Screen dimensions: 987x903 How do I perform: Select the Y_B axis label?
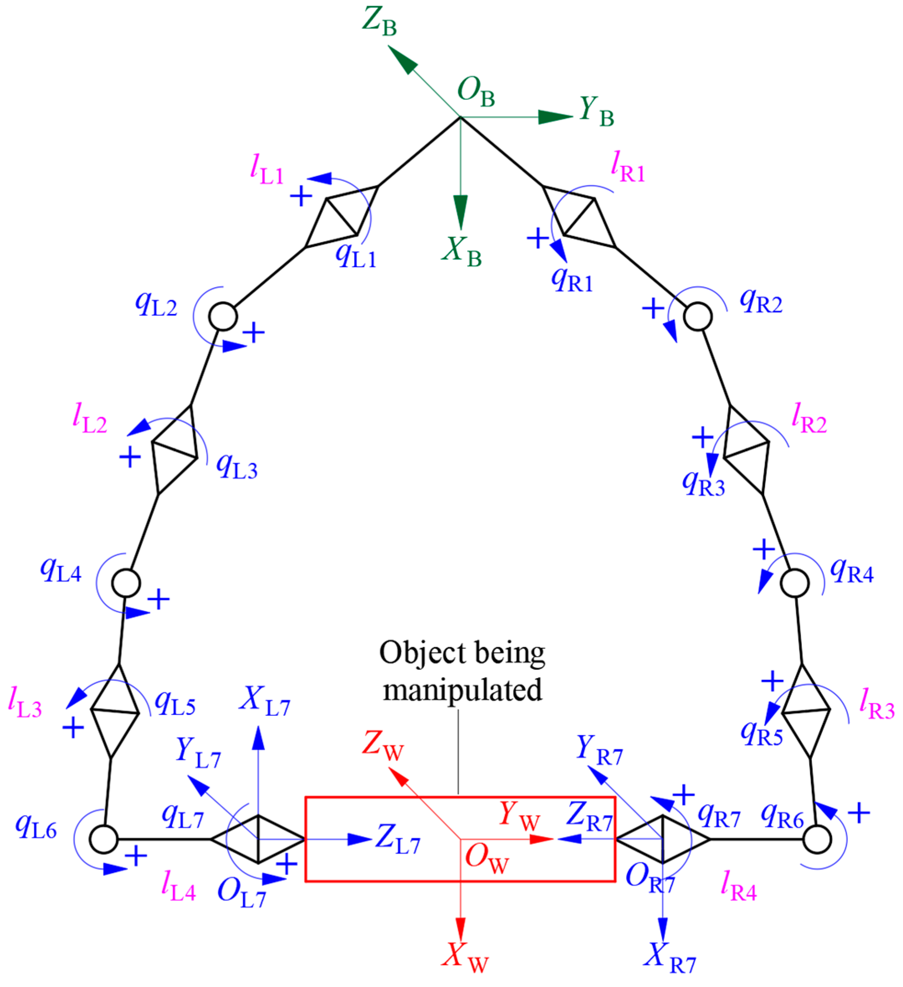596,111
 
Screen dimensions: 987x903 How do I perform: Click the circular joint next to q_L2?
223,317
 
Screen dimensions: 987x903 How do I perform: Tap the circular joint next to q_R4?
794,583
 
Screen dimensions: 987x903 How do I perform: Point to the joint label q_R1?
572,281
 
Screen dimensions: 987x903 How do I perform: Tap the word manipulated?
462,691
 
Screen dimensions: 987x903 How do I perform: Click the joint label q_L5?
175,703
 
